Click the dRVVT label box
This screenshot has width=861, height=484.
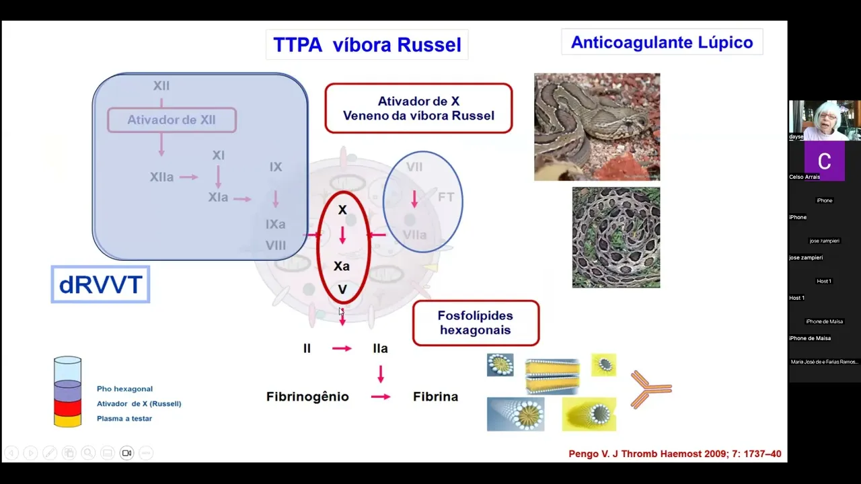[x=100, y=284]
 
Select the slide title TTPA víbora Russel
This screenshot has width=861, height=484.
[x=367, y=44]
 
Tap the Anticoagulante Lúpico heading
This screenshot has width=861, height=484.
[x=662, y=42]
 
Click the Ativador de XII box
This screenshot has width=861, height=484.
[x=172, y=120]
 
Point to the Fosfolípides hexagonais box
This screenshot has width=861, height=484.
[x=476, y=323]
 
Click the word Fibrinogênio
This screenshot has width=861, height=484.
[x=307, y=397]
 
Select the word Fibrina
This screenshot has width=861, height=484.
[x=435, y=397]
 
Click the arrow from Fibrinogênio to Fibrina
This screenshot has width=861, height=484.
[x=381, y=397]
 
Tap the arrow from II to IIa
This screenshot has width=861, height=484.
[x=342, y=348]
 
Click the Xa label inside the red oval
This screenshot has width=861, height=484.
[x=342, y=266]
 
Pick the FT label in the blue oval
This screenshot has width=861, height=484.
[x=446, y=197]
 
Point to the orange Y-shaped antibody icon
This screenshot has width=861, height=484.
[x=650, y=389]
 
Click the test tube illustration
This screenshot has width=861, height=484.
[x=67, y=392]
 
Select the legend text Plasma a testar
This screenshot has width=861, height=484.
[x=124, y=418]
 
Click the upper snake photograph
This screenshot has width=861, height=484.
[x=597, y=127]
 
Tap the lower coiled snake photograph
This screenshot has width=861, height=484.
[x=615, y=237]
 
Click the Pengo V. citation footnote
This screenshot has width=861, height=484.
[x=675, y=454]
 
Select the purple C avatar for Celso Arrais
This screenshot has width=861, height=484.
[x=824, y=161]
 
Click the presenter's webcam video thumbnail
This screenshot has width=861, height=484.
[x=824, y=120]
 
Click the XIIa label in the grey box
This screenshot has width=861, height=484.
[x=161, y=177]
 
